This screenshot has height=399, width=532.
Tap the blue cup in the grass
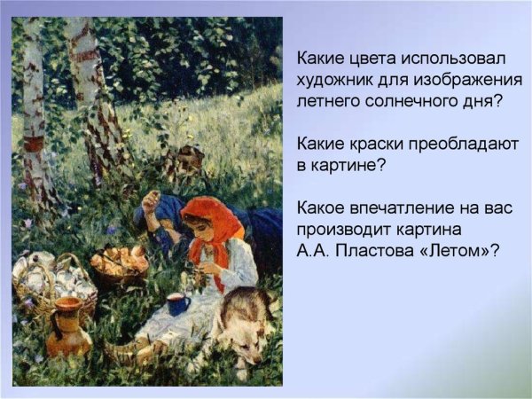pos(178,304)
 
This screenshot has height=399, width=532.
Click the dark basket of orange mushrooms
pos(121,265)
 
